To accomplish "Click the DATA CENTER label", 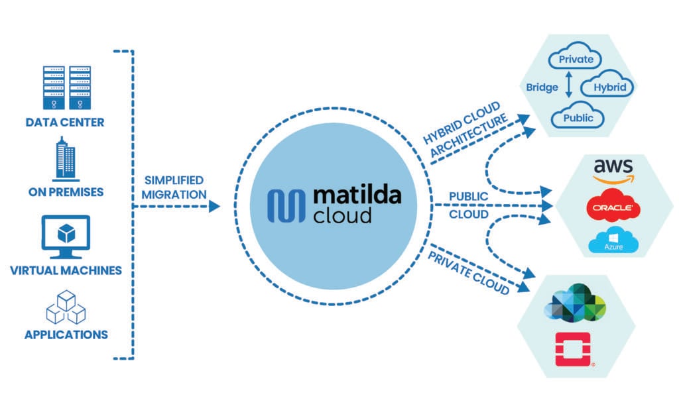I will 65,123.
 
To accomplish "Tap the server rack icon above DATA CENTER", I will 65,88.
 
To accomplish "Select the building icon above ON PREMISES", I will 65,158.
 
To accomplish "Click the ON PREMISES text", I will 65,192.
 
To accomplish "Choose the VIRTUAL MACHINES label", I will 65,270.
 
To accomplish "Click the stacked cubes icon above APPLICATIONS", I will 65,305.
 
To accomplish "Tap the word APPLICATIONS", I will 66,335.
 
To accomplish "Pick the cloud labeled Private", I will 575,60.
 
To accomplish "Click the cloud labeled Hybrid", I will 607,87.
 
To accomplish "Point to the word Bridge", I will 542,87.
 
